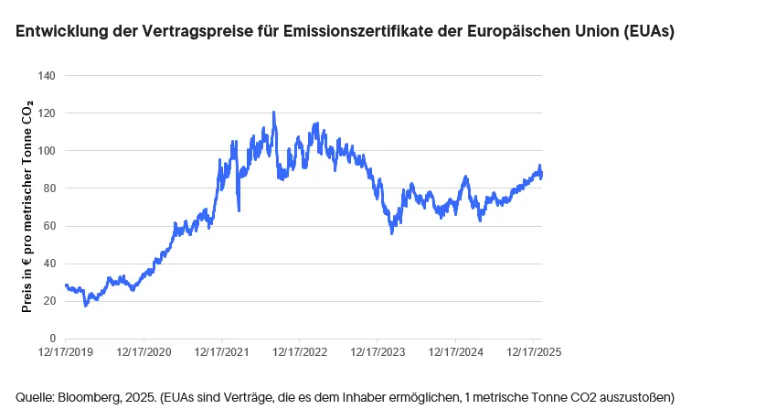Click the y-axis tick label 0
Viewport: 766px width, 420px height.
pos(53,339)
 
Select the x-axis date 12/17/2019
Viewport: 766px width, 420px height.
pos(66,351)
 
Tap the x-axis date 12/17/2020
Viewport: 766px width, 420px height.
pos(144,351)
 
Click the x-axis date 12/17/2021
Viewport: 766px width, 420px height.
pos(222,351)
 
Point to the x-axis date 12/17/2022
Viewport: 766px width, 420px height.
pos(301,351)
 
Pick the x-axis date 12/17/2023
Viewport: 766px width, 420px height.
pos(378,351)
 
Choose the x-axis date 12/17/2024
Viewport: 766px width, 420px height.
pos(456,351)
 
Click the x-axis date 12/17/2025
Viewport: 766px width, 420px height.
pos(535,351)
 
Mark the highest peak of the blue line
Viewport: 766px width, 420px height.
pos(273,113)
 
